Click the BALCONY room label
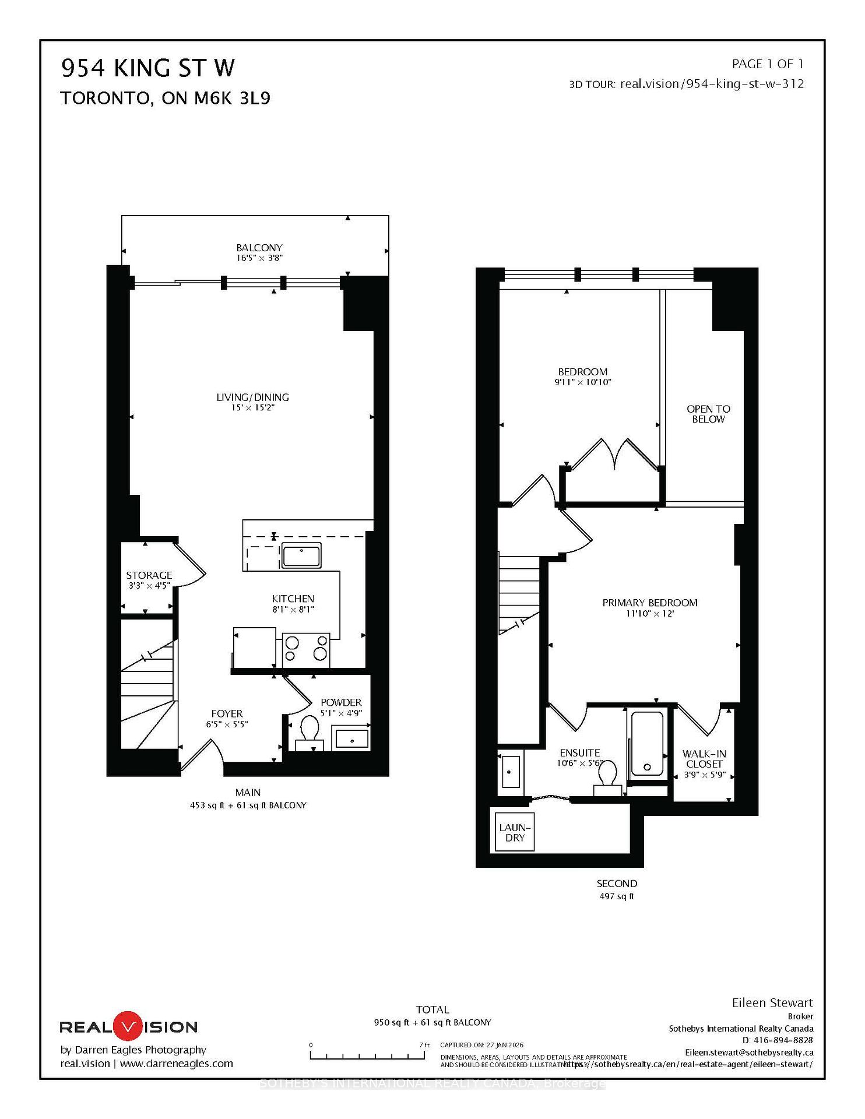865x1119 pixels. tap(259, 247)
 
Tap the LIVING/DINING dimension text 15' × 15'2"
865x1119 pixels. tap(252, 408)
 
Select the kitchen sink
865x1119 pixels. tap(301, 555)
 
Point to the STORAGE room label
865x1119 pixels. tap(149, 575)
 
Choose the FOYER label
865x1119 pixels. tap(227, 713)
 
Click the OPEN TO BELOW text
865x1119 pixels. tap(708, 414)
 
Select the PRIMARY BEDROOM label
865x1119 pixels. tap(649, 603)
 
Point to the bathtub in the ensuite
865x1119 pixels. tap(647, 744)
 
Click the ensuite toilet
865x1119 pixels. tap(608, 776)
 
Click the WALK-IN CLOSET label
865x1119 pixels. tap(704, 759)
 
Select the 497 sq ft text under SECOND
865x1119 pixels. tap(616, 896)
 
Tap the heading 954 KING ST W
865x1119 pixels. tap(148, 69)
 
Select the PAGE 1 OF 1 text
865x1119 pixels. tap(767, 64)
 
